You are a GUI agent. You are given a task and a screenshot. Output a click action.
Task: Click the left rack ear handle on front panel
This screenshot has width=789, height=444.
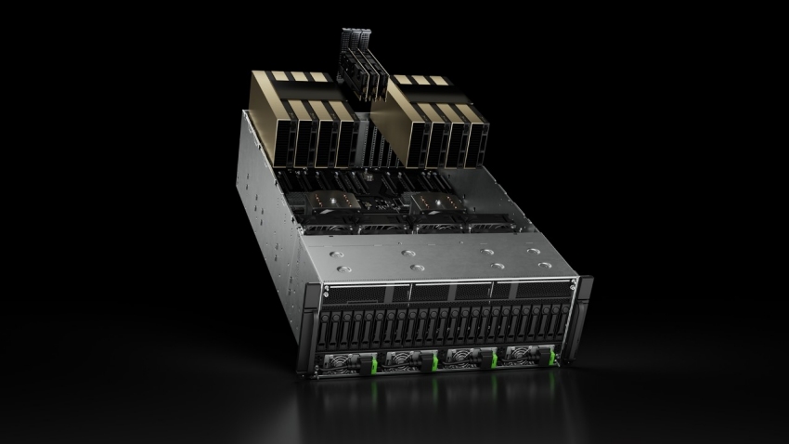coord(308,325)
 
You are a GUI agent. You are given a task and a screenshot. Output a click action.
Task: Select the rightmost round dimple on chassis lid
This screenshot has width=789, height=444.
coord(532,249)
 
